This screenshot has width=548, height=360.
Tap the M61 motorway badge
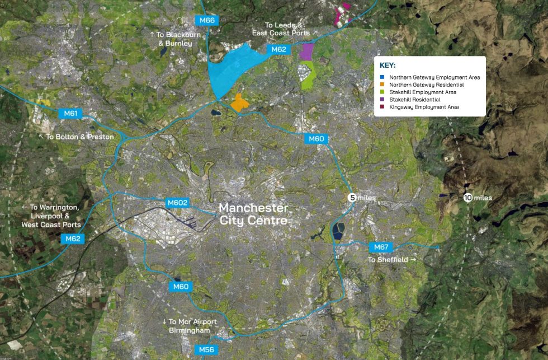point(70,114)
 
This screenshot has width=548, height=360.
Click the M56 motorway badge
point(206,350)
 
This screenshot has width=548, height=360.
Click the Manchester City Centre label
point(253,214)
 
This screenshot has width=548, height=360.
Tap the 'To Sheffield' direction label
point(392,260)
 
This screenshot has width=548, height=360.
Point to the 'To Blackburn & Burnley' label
point(171,39)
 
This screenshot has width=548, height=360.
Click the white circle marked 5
point(352,198)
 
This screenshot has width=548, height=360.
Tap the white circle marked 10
point(467,198)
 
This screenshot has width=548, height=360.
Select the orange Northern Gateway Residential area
point(239,103)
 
